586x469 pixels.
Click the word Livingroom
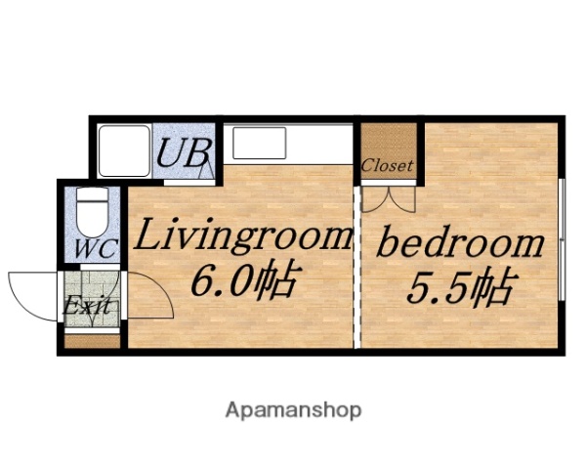[x=242, y=236]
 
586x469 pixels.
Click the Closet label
[x=387, y=165]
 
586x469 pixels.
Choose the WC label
[x=95, y=248]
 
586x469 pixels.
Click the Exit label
[x=87, y=307]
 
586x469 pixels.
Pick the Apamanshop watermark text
[x=293, y=409]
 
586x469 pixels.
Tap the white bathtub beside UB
[x=123, y=149]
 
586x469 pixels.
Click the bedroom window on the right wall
[x=564, y=239]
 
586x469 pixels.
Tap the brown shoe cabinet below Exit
[x=92, y=340]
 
